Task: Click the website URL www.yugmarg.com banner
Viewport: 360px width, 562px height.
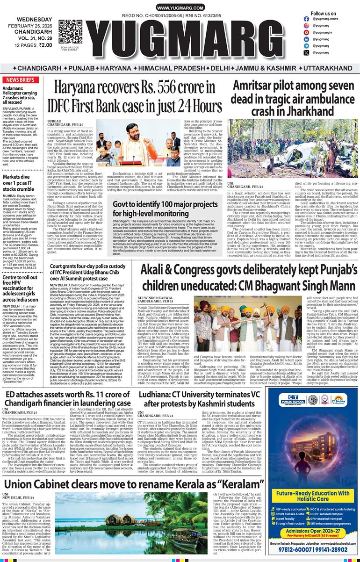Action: point(180,8)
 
